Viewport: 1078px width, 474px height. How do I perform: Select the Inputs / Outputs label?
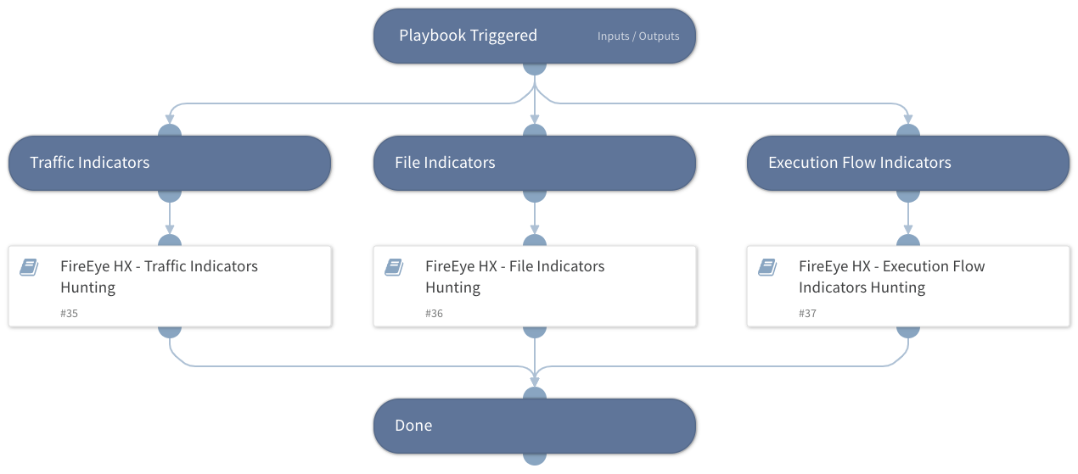coord(638,36)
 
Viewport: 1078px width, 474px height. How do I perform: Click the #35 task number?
coord(69,314)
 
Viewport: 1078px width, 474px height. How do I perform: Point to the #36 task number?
coord(434,314)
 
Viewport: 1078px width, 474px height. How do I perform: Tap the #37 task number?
coord(807,314)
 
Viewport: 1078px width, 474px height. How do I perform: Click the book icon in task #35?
coord(29,267)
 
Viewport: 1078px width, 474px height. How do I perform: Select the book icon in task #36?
coord(394,267)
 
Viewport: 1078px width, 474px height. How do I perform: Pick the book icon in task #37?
coord(767,267)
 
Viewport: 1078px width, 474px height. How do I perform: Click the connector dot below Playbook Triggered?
coord(534,67)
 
